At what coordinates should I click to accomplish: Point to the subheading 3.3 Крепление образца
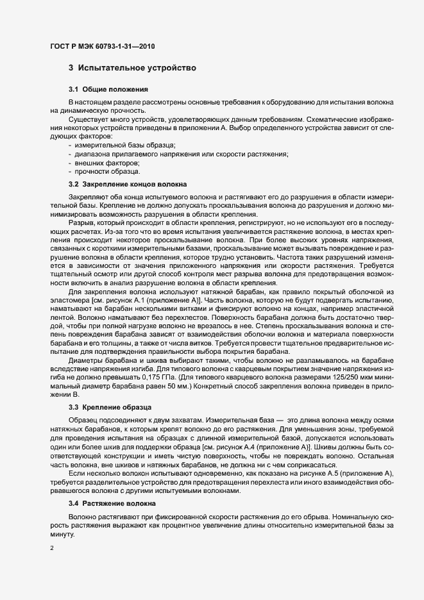(x=110, y=407)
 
